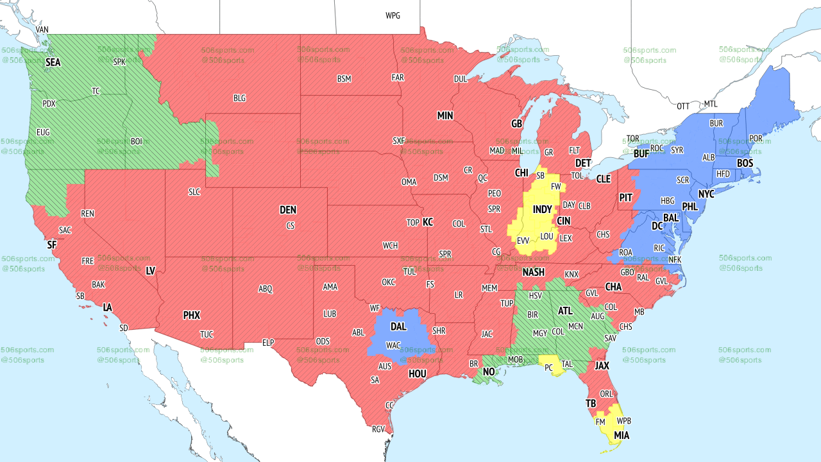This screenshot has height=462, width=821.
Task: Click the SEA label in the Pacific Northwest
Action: click(x=53, y=63)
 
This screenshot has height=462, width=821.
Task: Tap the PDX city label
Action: click(x=49, y=103)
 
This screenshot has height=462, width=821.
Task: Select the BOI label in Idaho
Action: click(x=137, y=141)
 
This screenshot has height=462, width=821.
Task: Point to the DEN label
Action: click(x=288, y=210)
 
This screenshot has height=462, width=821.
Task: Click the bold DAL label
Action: click(x=398, y=327)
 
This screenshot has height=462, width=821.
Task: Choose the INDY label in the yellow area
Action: click(x=542, y=210)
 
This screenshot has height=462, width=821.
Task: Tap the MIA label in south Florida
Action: click(x=621, y=436)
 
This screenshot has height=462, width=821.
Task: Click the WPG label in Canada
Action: click(x=393, y=15)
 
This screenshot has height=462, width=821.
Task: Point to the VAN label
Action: click(x=42, y=30)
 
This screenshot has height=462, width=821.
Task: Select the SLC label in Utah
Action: click(x=194, y=191)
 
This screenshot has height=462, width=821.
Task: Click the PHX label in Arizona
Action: click(x=191, y=315)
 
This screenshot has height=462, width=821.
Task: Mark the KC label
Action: click(x=428, y=222)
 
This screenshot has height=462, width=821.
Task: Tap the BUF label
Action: click(x=641, y=154)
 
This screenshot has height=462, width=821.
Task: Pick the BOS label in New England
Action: click(x=745, y=164)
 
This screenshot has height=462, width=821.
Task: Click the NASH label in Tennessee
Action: click(x=533, y=273)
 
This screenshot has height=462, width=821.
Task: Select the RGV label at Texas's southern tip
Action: click(x=378, y=429)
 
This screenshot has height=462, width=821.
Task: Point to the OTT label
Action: click(x=683, y=106)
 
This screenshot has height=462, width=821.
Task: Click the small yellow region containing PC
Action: click(x=550, y=366)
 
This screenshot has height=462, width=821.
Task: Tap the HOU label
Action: click(x=417, y=373)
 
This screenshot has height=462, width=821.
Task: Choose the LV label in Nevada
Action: click(x=151, y=271)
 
